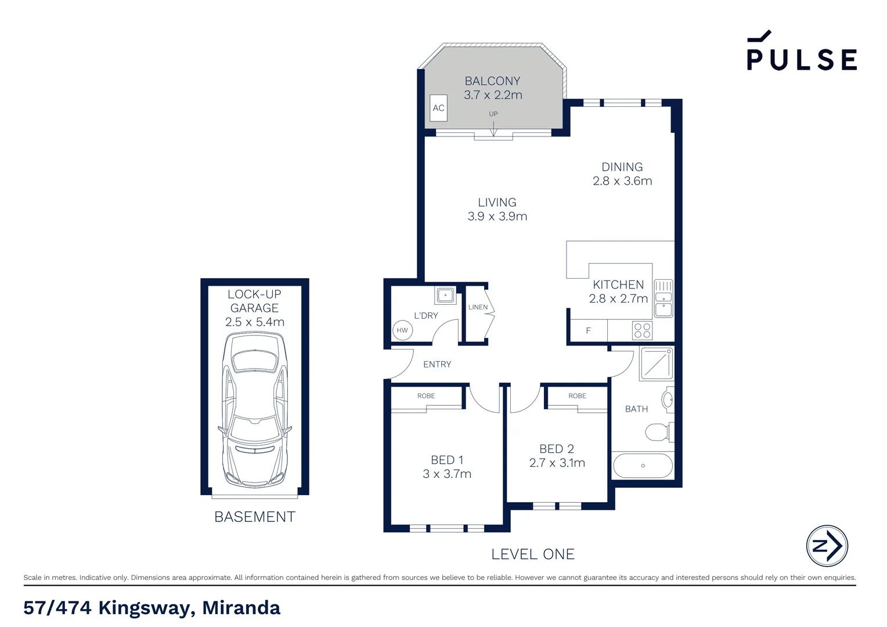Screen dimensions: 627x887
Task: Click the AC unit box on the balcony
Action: (x=438, y=108)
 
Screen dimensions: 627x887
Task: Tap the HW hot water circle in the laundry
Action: (x=402, y=330)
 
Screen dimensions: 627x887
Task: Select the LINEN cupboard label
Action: (x=478, y=307)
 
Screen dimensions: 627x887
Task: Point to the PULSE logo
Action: (x=801, y=52)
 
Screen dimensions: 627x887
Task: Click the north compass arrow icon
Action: (x=827, y=546)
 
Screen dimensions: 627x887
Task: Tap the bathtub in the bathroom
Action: (x=643, y=466)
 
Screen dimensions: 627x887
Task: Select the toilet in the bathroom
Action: (x=659, y=432)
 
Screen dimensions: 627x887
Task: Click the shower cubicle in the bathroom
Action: (x=657, y=363)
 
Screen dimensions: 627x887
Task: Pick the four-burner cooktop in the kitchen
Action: (x=642, y=331)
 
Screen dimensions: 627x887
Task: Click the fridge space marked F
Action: (x=588, y=331)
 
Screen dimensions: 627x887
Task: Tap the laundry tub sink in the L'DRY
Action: (x=445, y=296)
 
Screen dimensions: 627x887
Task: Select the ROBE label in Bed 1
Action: (x=426, y=396)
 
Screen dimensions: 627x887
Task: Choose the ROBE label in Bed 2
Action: (x=577, y=396)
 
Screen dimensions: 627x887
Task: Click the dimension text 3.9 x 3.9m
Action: (x=497, y=217)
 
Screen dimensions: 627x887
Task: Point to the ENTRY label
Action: (x=437, y=365)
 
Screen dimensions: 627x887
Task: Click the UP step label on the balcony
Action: (x=493, y=114)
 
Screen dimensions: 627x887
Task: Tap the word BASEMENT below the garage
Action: (x=255, y=517)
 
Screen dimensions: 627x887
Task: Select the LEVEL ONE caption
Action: (x=533, y=554)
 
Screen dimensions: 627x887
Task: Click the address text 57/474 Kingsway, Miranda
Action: (x=152, y=608)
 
